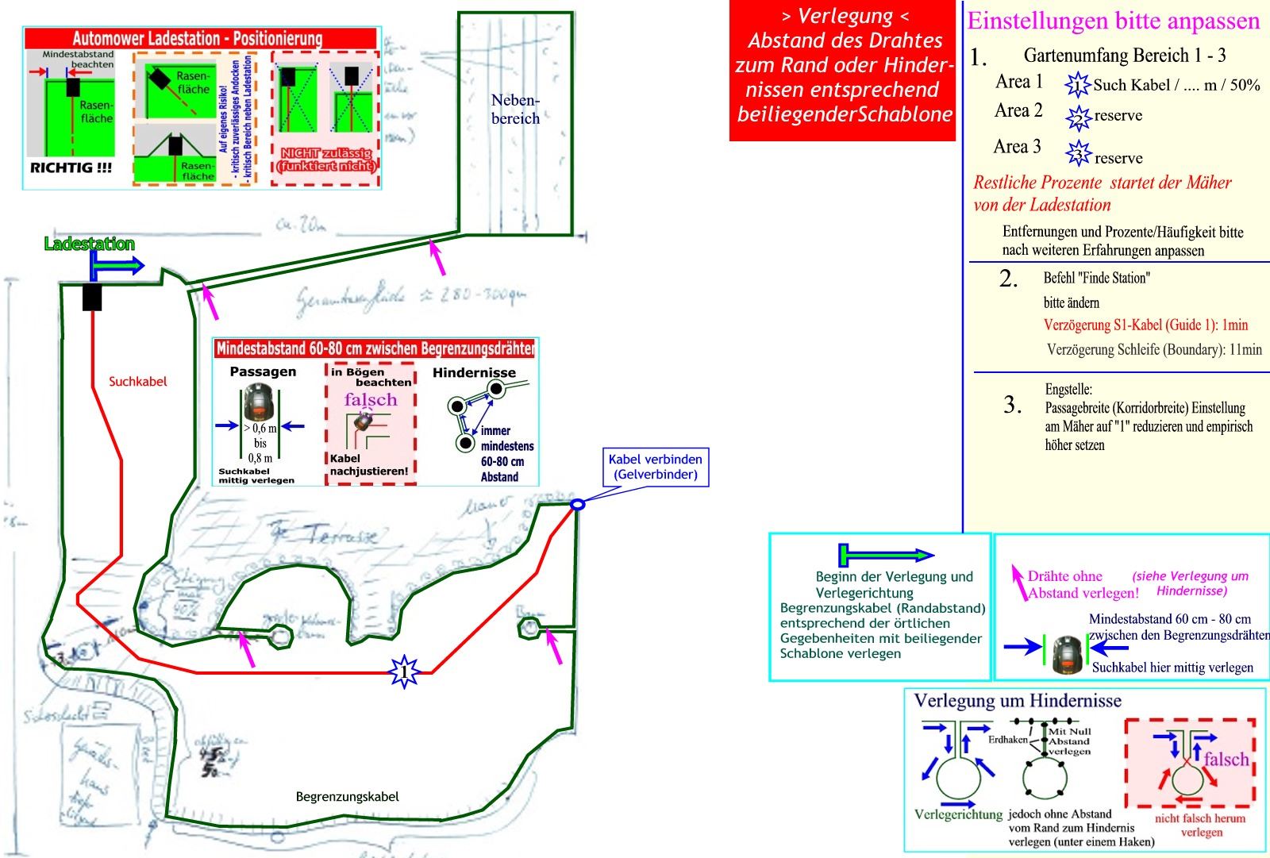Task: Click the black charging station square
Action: [93, 297]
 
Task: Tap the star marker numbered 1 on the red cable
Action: [404, 672]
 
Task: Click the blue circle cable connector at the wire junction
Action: [578, 504]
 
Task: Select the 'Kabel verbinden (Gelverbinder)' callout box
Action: [655, 467]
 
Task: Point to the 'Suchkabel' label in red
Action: [138, 382]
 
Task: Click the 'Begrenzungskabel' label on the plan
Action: [347, 797]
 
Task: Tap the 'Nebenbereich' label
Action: [515, 110]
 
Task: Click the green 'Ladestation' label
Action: [89, 244]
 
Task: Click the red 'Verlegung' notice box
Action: [842, 71]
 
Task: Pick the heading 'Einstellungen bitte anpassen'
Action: [1113, 21]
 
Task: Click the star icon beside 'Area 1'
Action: [1077, 84]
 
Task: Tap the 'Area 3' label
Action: [1017, 147]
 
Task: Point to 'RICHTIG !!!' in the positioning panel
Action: [71, 168]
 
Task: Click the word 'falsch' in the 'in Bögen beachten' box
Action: [370, 399]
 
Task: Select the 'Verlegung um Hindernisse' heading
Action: [1018, 701]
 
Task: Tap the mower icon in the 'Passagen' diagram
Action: [260, 402]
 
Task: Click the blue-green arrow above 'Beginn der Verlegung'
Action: [886, 555]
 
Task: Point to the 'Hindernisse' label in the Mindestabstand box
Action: [474, 372]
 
